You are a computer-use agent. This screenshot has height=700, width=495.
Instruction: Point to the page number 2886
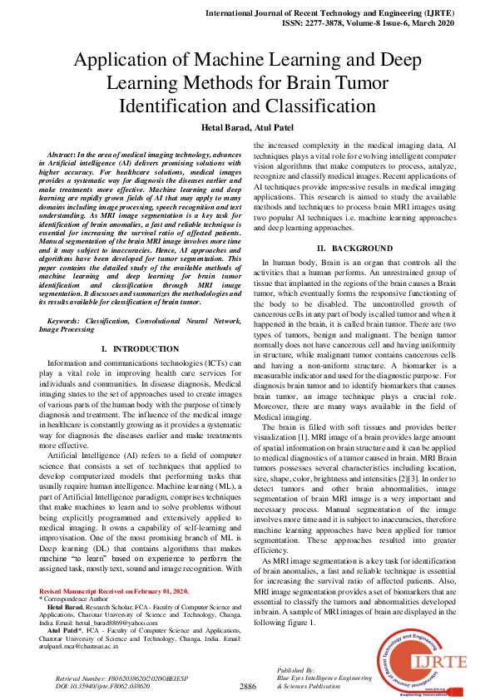pyautogui.click(x=247, y=687)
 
